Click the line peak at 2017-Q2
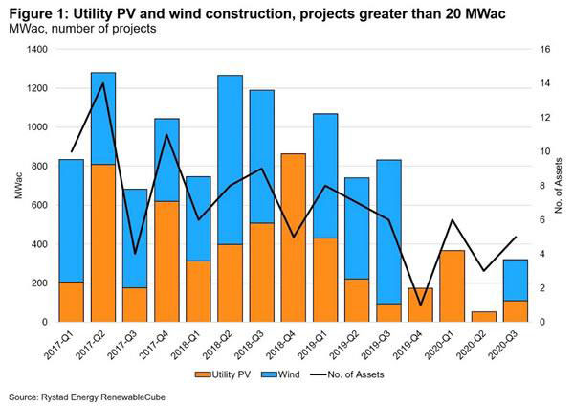pos(102,83)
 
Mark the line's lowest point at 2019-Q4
pos(420,306)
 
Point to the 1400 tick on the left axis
pos(40,50)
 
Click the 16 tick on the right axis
pos(541,50)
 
